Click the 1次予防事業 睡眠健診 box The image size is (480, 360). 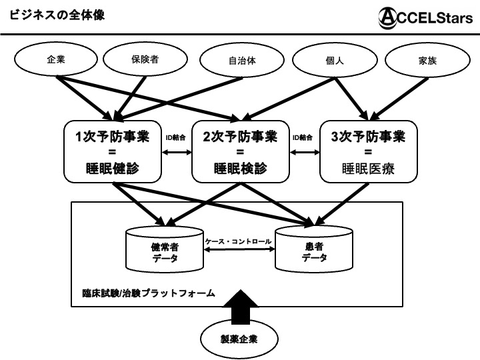coord(112,151)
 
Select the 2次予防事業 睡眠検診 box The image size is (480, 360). coord(241,151)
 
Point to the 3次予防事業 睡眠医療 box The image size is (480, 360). coord(368,151)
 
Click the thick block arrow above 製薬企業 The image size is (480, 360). coord(239,306)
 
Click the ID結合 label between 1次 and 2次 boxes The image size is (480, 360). coord(176,138)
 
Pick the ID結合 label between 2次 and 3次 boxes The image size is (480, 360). coord(303,138)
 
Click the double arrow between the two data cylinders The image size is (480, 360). coord(239,250)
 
